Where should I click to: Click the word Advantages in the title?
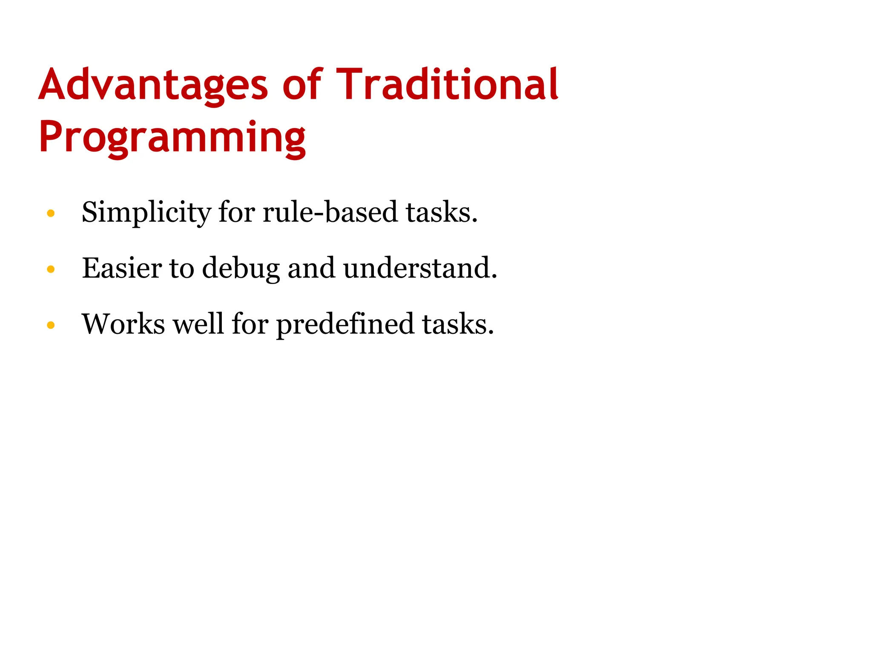point(153,85)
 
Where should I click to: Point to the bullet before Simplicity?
point(51,213)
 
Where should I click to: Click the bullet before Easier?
point(51,269)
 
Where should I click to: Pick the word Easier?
point(122,268)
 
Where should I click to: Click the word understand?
point(420,268)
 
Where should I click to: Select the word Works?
point(123,324)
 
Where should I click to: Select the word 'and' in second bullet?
point(311,268)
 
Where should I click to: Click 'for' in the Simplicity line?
point(236,212)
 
